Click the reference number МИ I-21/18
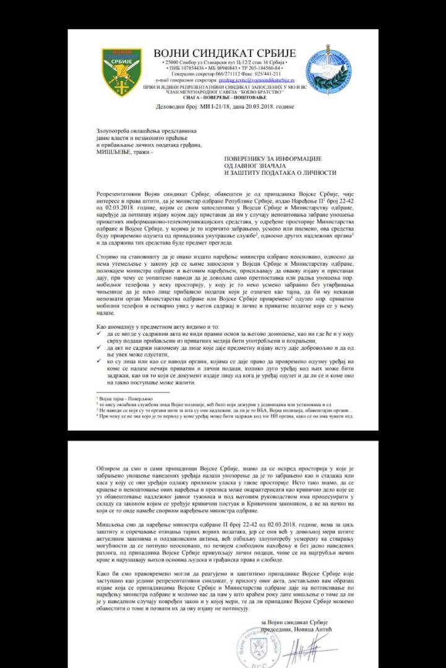pos(207,106)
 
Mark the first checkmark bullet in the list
pos(100,333)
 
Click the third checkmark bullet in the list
pos(100,363)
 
